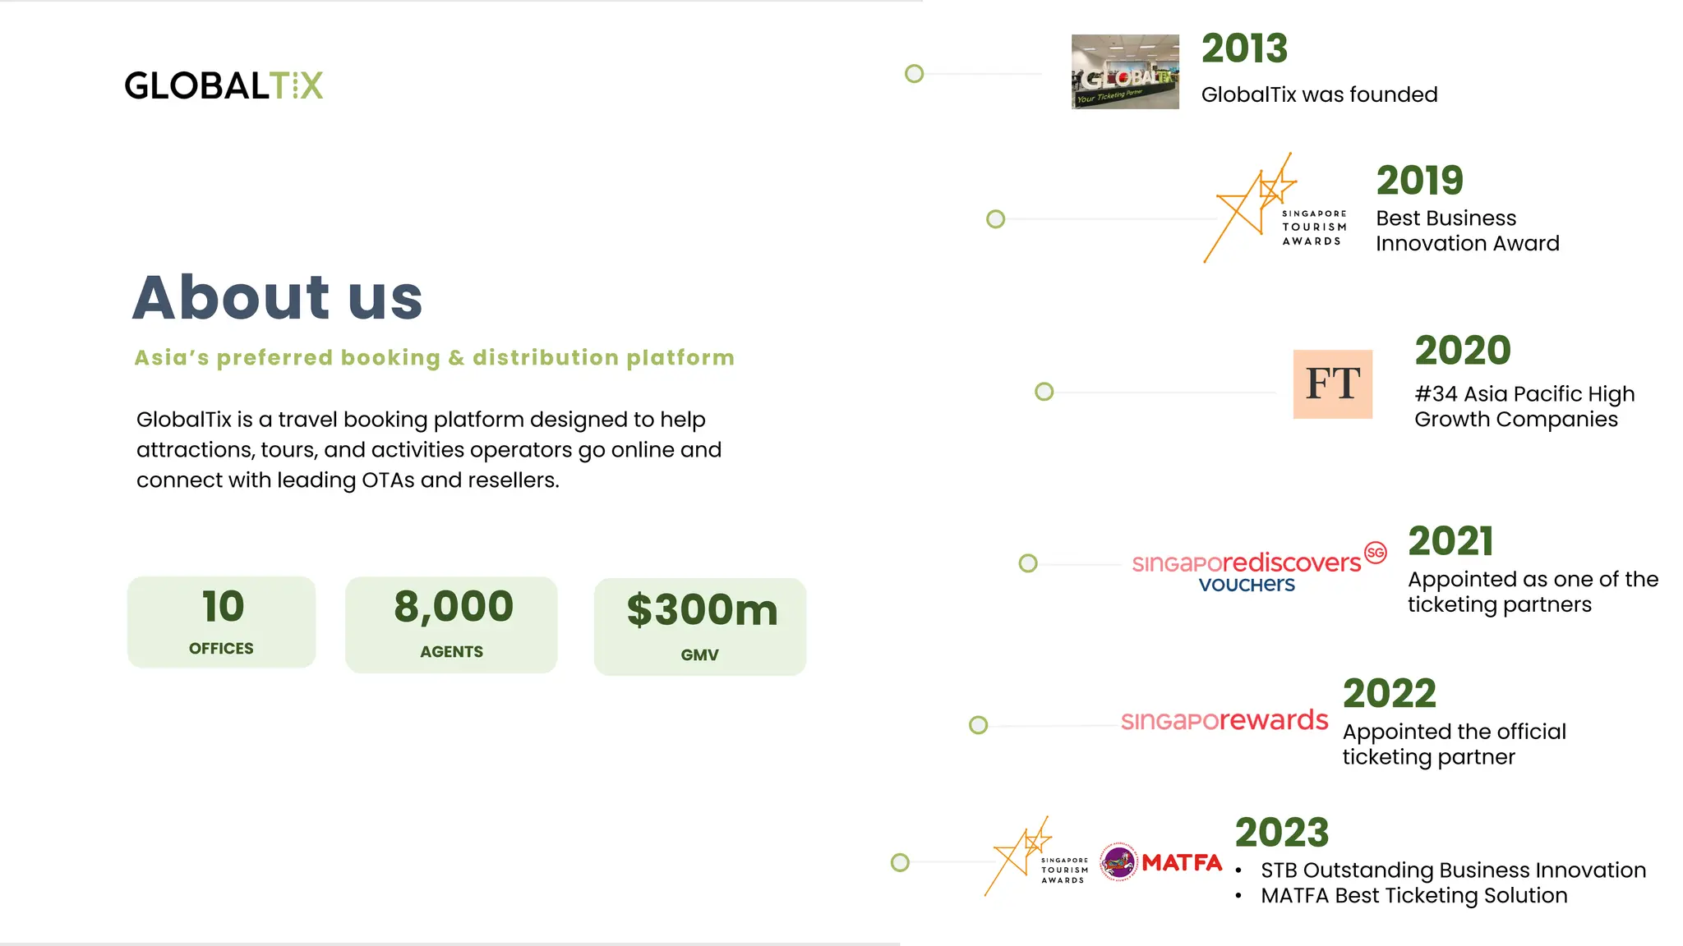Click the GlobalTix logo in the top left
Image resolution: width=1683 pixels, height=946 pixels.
pos(224,85)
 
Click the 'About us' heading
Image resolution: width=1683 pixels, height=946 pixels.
pos(278,297)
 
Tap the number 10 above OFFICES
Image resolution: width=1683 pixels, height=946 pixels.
pos(223,607)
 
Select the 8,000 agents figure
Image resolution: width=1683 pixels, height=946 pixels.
pos(454,607)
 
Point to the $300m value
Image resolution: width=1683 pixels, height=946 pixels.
pos(702,610)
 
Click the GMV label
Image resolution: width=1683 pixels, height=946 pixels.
pos(700,655)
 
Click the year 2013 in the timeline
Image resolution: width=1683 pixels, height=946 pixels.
pos(1244,48)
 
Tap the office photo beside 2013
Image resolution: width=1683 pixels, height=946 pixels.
pos(1125,72)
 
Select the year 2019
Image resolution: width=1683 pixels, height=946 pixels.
pos(1419,181)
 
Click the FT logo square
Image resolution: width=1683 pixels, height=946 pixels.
pos(1332,384)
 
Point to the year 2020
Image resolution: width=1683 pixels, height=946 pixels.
pos(1462,351)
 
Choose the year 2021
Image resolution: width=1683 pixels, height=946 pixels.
pos(1450,541)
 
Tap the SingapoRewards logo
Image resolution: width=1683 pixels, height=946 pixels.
pos(1224,720)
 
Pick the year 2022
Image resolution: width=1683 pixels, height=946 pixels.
pos(1389,694)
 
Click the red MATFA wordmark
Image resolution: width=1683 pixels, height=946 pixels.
pos(1182,863)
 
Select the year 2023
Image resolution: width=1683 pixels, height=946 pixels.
pos(1281,833)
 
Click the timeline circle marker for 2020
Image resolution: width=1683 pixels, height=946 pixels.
pos(1044,392)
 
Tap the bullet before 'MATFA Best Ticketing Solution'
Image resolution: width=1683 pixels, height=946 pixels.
pos(1238,896)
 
